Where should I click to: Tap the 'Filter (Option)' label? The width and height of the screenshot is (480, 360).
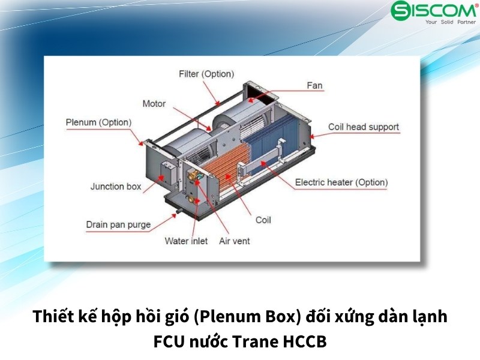coord(206,74)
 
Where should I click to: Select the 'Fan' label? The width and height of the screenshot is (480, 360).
coord(314,85)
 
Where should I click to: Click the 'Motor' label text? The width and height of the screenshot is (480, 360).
coord(154,103)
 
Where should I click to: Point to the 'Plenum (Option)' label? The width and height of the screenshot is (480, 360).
coord(98,122)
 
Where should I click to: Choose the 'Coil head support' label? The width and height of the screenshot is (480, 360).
coord(364,127)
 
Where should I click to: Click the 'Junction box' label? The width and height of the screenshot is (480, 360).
coord(116,186)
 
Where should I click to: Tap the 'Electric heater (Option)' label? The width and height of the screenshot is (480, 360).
coord(341,182)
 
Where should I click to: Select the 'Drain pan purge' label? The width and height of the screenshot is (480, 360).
coord(118,224)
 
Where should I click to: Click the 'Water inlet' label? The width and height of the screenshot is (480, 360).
coord(186,241)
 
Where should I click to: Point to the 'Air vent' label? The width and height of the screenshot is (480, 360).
coord(235,241)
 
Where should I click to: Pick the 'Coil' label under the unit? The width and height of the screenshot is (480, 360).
coord(263,220)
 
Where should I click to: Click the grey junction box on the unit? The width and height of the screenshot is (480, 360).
coord(169,172)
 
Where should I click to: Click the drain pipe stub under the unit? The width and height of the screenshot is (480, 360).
coord(179,211)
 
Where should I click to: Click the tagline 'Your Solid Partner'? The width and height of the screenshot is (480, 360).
coord(451,22)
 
